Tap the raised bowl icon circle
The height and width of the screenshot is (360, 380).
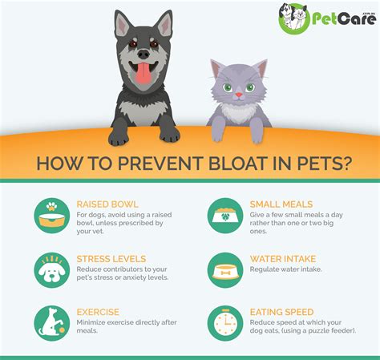click(51, 215)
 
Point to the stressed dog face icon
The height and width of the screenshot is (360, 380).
click(51, 269)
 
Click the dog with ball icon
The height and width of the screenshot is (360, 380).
click(51, 322)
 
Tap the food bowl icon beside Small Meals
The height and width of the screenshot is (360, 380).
click(224, 215)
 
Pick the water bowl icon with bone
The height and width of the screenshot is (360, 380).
click(224, 269)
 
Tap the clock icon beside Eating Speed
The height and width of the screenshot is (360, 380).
click(224, 322)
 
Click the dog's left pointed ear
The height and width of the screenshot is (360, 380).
click(122, 26)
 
